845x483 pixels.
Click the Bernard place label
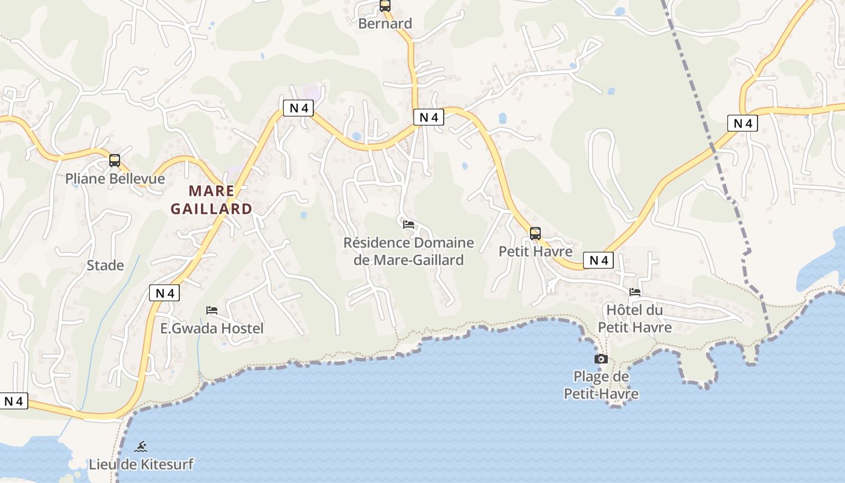(x=385, y=24)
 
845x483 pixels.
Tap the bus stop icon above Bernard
(x=385, y=6)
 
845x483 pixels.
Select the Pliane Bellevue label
(x=115, y=179)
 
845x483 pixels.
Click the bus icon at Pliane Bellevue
(x=115, y=161)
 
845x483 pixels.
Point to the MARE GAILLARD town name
(x=211, y=200)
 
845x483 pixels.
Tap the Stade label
(x=105, y=265)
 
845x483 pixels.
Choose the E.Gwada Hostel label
(x=212, y=328)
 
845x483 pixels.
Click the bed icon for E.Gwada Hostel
(x=212, y=310)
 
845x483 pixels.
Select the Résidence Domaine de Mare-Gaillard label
(x=409, y=251)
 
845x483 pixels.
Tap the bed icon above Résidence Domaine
(x=409, y=225)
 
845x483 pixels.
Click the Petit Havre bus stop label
(x=535, y=251)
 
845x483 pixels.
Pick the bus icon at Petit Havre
(x=535, y=234)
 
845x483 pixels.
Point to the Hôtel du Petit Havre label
(x=634, y=319)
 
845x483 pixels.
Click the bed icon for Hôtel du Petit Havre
(x=635, y=292)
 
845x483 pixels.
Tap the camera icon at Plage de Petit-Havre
(x=601, y=359)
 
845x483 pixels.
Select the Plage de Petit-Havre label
(x=601, y=385)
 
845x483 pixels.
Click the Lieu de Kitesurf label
(x=141, y=464)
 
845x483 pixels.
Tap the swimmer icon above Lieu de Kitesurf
(x=141, y=447)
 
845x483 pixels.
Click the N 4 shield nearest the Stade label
(x=164, y=293)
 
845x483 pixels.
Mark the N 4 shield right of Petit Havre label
(x=598, y=260)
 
